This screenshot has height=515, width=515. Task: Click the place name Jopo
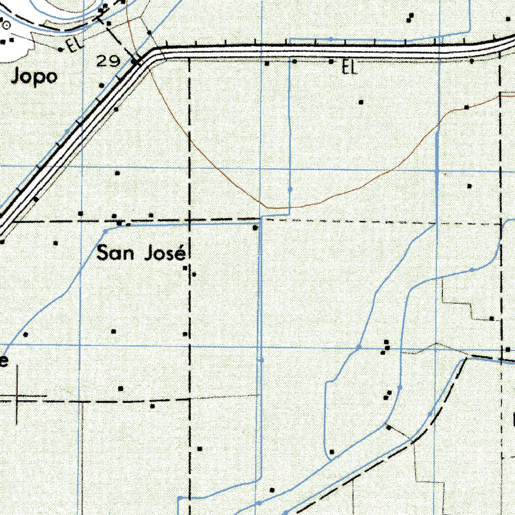click(34, 77)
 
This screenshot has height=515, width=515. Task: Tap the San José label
click(139, 253)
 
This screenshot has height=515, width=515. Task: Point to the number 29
click(109, 62)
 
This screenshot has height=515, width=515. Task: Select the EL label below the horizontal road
click(349, 67)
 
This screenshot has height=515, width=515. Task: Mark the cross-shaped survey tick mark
click(16, 400)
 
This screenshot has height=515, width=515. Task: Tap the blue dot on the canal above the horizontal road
click(330, 39)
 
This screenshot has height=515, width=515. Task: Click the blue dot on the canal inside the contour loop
click(290, 189)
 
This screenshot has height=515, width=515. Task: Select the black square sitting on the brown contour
click(467, 107)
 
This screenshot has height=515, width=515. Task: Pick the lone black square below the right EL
click(361, 102)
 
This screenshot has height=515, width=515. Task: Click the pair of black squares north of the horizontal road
click(410, 17)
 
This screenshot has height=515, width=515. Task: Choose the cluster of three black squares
click(386, 348)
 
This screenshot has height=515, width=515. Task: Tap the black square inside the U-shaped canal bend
click(332, 452)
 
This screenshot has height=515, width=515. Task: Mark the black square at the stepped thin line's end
click(491, 318)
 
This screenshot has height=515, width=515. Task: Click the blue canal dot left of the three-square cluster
click(359, 347)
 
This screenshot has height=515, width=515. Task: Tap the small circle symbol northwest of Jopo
click(6, 24)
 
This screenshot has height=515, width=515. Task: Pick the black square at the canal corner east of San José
click(255, 228)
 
